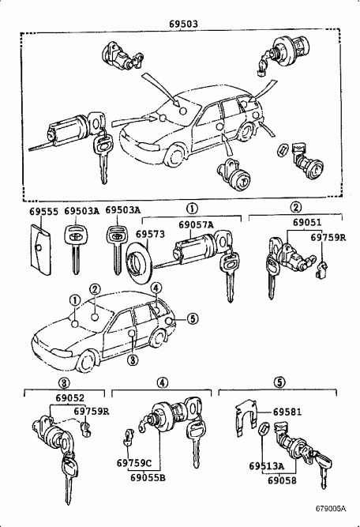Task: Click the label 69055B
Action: [147, 477]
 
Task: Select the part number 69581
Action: [287, 413]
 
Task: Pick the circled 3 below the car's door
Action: [133, 360]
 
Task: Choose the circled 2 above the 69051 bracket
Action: [295, 208]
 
